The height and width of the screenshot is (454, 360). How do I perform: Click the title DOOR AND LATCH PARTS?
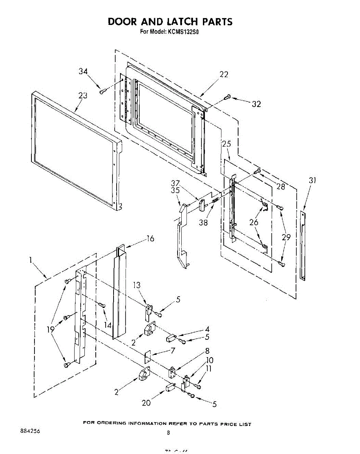click(x=170, y=21)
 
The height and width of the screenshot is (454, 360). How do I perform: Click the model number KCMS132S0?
click(x=183, y=32)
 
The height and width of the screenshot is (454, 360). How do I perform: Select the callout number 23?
click(x=83, y=96)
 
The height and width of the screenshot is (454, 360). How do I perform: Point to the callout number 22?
click(x=224, y=74)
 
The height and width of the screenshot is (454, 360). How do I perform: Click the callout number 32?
click(x=256, y=104)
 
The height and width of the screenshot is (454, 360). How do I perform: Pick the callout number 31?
click(x=312, y=180)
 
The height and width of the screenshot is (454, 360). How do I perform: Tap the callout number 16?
click(x=150, y=239)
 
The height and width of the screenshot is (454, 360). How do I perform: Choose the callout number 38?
click(x=203, y=222)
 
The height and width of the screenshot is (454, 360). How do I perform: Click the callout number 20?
click(x=146, y=403)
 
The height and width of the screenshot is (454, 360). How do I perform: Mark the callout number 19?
click(x=51, y=329)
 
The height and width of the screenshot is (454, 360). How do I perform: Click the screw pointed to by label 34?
click(x=102, y=91)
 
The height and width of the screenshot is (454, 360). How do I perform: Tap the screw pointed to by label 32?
click(x=227, y=97)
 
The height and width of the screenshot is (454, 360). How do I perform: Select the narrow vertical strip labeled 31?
click(x=303, y=246)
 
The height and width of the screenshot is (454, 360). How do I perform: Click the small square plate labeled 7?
click(x=148, y=355)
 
